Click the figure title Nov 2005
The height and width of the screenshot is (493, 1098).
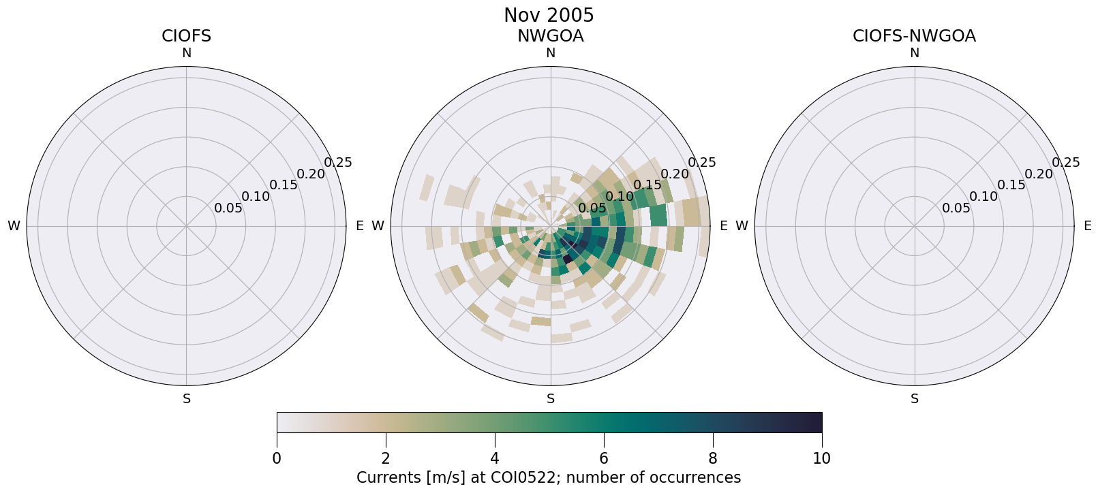coord(549,16)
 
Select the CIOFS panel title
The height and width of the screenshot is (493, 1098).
coord(186,36)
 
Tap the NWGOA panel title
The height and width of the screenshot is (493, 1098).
coord(550,36)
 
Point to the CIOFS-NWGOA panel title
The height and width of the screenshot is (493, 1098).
coord(914,36)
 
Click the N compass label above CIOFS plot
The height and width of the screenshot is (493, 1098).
coord(186,53)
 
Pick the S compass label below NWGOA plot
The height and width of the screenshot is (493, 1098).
coord(551,399)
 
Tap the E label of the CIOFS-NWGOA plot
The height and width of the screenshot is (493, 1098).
coord(1088,226)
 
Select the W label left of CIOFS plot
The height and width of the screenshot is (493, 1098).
coord(14,226)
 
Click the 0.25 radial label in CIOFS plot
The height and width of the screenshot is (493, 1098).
coord(338,162)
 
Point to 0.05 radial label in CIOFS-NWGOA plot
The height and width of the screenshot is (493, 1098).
coord(956,208)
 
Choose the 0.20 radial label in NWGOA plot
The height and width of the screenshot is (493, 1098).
coord(675,174)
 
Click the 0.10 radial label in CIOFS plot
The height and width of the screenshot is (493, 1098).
coord(256,197)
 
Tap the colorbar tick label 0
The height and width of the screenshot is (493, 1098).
coord(277,458)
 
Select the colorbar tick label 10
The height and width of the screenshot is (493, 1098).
coord(822,458)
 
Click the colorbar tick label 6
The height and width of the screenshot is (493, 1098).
coord(604,458)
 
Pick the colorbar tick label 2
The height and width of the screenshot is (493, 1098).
coord(386,458)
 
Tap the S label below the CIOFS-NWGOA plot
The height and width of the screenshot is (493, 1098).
coord(915,399)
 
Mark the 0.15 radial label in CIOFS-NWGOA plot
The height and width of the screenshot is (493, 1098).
coord(1011,185)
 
